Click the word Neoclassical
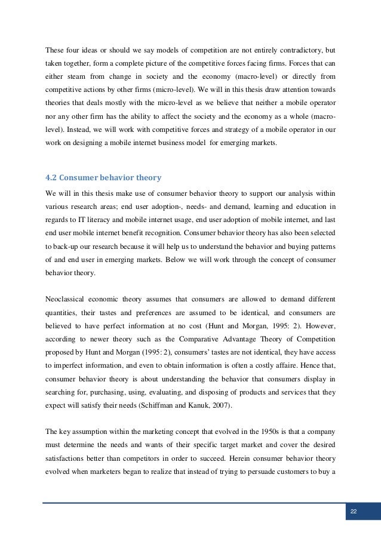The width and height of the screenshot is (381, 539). pyautogui.click(x=66, y=298)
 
